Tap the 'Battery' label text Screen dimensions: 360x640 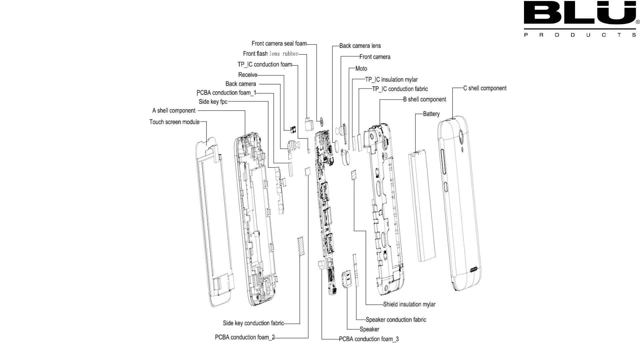coord(431,114)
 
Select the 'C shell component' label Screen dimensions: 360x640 coord(485,88)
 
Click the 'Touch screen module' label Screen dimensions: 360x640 coord(174,122)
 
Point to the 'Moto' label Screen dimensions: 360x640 coord(361,69)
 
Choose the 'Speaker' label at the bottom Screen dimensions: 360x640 coord(369,329)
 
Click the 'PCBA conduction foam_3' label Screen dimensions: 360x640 coord(369,339)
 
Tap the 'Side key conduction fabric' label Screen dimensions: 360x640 coord(253,323)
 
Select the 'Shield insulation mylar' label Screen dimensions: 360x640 coord(409,304)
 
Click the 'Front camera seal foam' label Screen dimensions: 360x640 coord(279,44)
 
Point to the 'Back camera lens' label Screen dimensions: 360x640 coord(360,46)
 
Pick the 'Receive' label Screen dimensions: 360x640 coord(248,75)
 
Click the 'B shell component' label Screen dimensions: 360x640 coord(424,99)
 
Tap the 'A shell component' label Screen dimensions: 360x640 coord(174,111)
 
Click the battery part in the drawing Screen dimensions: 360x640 coord(422,207)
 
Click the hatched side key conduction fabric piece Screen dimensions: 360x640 coord(301,246)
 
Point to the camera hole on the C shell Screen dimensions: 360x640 coord(462,135)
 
